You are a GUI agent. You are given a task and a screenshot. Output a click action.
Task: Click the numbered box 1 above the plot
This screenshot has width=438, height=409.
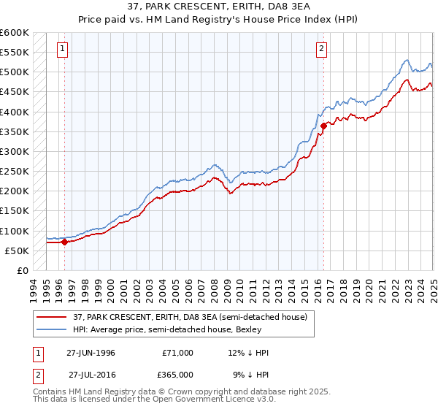tap(63, 50)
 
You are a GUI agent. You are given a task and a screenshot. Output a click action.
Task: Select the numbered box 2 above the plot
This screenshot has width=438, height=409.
tap(321, 50)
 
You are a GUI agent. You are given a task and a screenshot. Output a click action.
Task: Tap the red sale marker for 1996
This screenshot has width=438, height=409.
tap(64, 242)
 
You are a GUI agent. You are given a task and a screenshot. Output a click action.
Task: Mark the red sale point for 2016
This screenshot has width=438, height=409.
tap(323, 126)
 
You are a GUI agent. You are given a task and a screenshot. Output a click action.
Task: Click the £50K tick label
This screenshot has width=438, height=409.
tap(18, 251)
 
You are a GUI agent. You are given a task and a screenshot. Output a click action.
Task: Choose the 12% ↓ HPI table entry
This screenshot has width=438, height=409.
tap(247, 353)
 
